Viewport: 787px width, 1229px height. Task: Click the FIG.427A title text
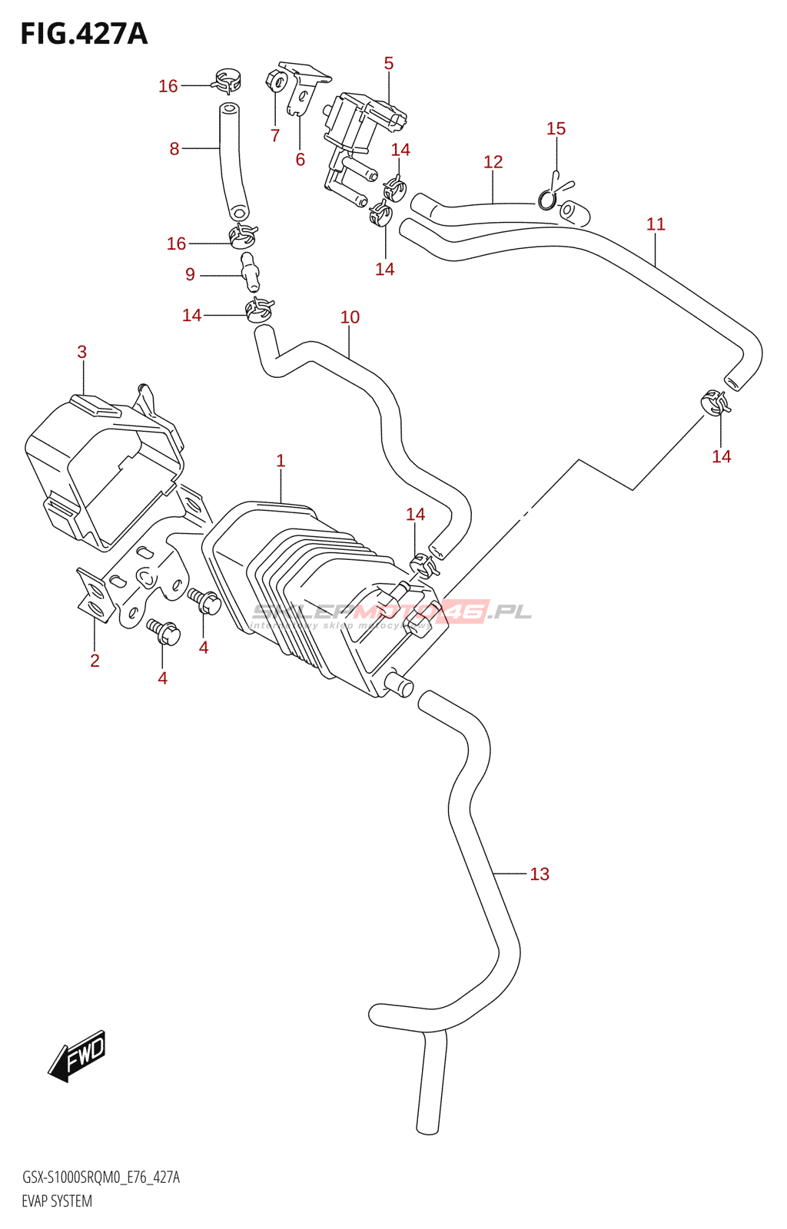click(84, 35)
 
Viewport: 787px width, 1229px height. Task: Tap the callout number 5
click(389, 64)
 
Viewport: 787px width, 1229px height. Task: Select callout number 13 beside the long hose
click(540, 874)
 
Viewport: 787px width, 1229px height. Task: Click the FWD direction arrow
click(78, 1055)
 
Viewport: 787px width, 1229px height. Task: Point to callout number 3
click(82, 353)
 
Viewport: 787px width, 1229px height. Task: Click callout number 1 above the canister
click(281, 461)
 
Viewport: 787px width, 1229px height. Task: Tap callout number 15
click(556, 129)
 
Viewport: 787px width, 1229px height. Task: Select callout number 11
click(656, 224)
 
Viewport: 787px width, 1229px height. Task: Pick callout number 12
click(493, 162)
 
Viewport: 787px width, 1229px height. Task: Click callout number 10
click(350, 317)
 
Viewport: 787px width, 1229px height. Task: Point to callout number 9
click(190, 275)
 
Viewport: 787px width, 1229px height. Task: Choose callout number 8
click(174, 149)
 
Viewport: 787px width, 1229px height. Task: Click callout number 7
click(275, 136)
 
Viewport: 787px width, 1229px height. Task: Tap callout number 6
click(301, 160)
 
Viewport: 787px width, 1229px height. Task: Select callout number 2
click(95, 661)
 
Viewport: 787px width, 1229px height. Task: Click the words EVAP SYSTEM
click(57, 1201)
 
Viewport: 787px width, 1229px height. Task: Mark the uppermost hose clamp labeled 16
click(227, 78)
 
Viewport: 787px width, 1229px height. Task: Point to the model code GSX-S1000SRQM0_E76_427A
click(101, 1178)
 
